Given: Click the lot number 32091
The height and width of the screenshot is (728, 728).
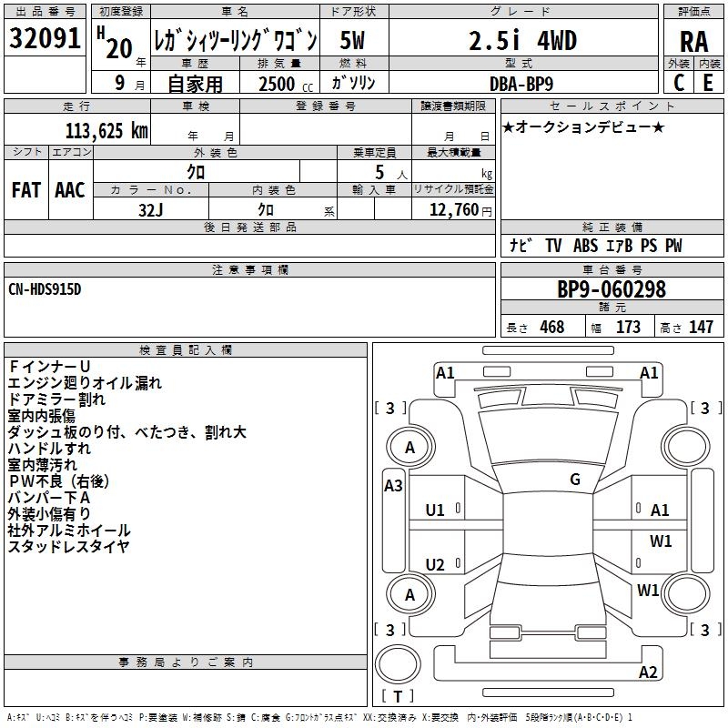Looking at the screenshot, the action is point(45,40).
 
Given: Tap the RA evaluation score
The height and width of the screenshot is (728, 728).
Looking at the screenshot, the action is point(694,42).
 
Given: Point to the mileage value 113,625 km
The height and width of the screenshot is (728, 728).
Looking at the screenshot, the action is point(104,130).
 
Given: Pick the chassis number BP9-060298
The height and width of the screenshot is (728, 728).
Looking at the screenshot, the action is point(612,290).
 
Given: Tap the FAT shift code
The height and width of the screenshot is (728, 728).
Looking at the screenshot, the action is point(25,190).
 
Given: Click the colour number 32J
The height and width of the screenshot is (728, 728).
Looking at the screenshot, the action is point(150,209).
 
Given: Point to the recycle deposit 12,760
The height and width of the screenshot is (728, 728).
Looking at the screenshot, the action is point(454,210).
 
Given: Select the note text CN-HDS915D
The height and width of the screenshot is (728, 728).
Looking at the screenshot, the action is point(45,289).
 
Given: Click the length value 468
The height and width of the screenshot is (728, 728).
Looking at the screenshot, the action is point(551,328).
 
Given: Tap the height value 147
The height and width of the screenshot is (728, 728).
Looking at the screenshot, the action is point(701,328).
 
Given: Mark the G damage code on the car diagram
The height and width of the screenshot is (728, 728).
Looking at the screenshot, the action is point(575,480).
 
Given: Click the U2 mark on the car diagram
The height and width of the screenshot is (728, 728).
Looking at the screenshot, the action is point(435,565).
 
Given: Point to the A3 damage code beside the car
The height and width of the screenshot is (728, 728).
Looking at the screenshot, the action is point(393,486).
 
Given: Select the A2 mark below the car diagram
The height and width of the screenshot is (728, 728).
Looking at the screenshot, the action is point(648,672).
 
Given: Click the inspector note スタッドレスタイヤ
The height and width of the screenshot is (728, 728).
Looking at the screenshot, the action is point(69,547).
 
